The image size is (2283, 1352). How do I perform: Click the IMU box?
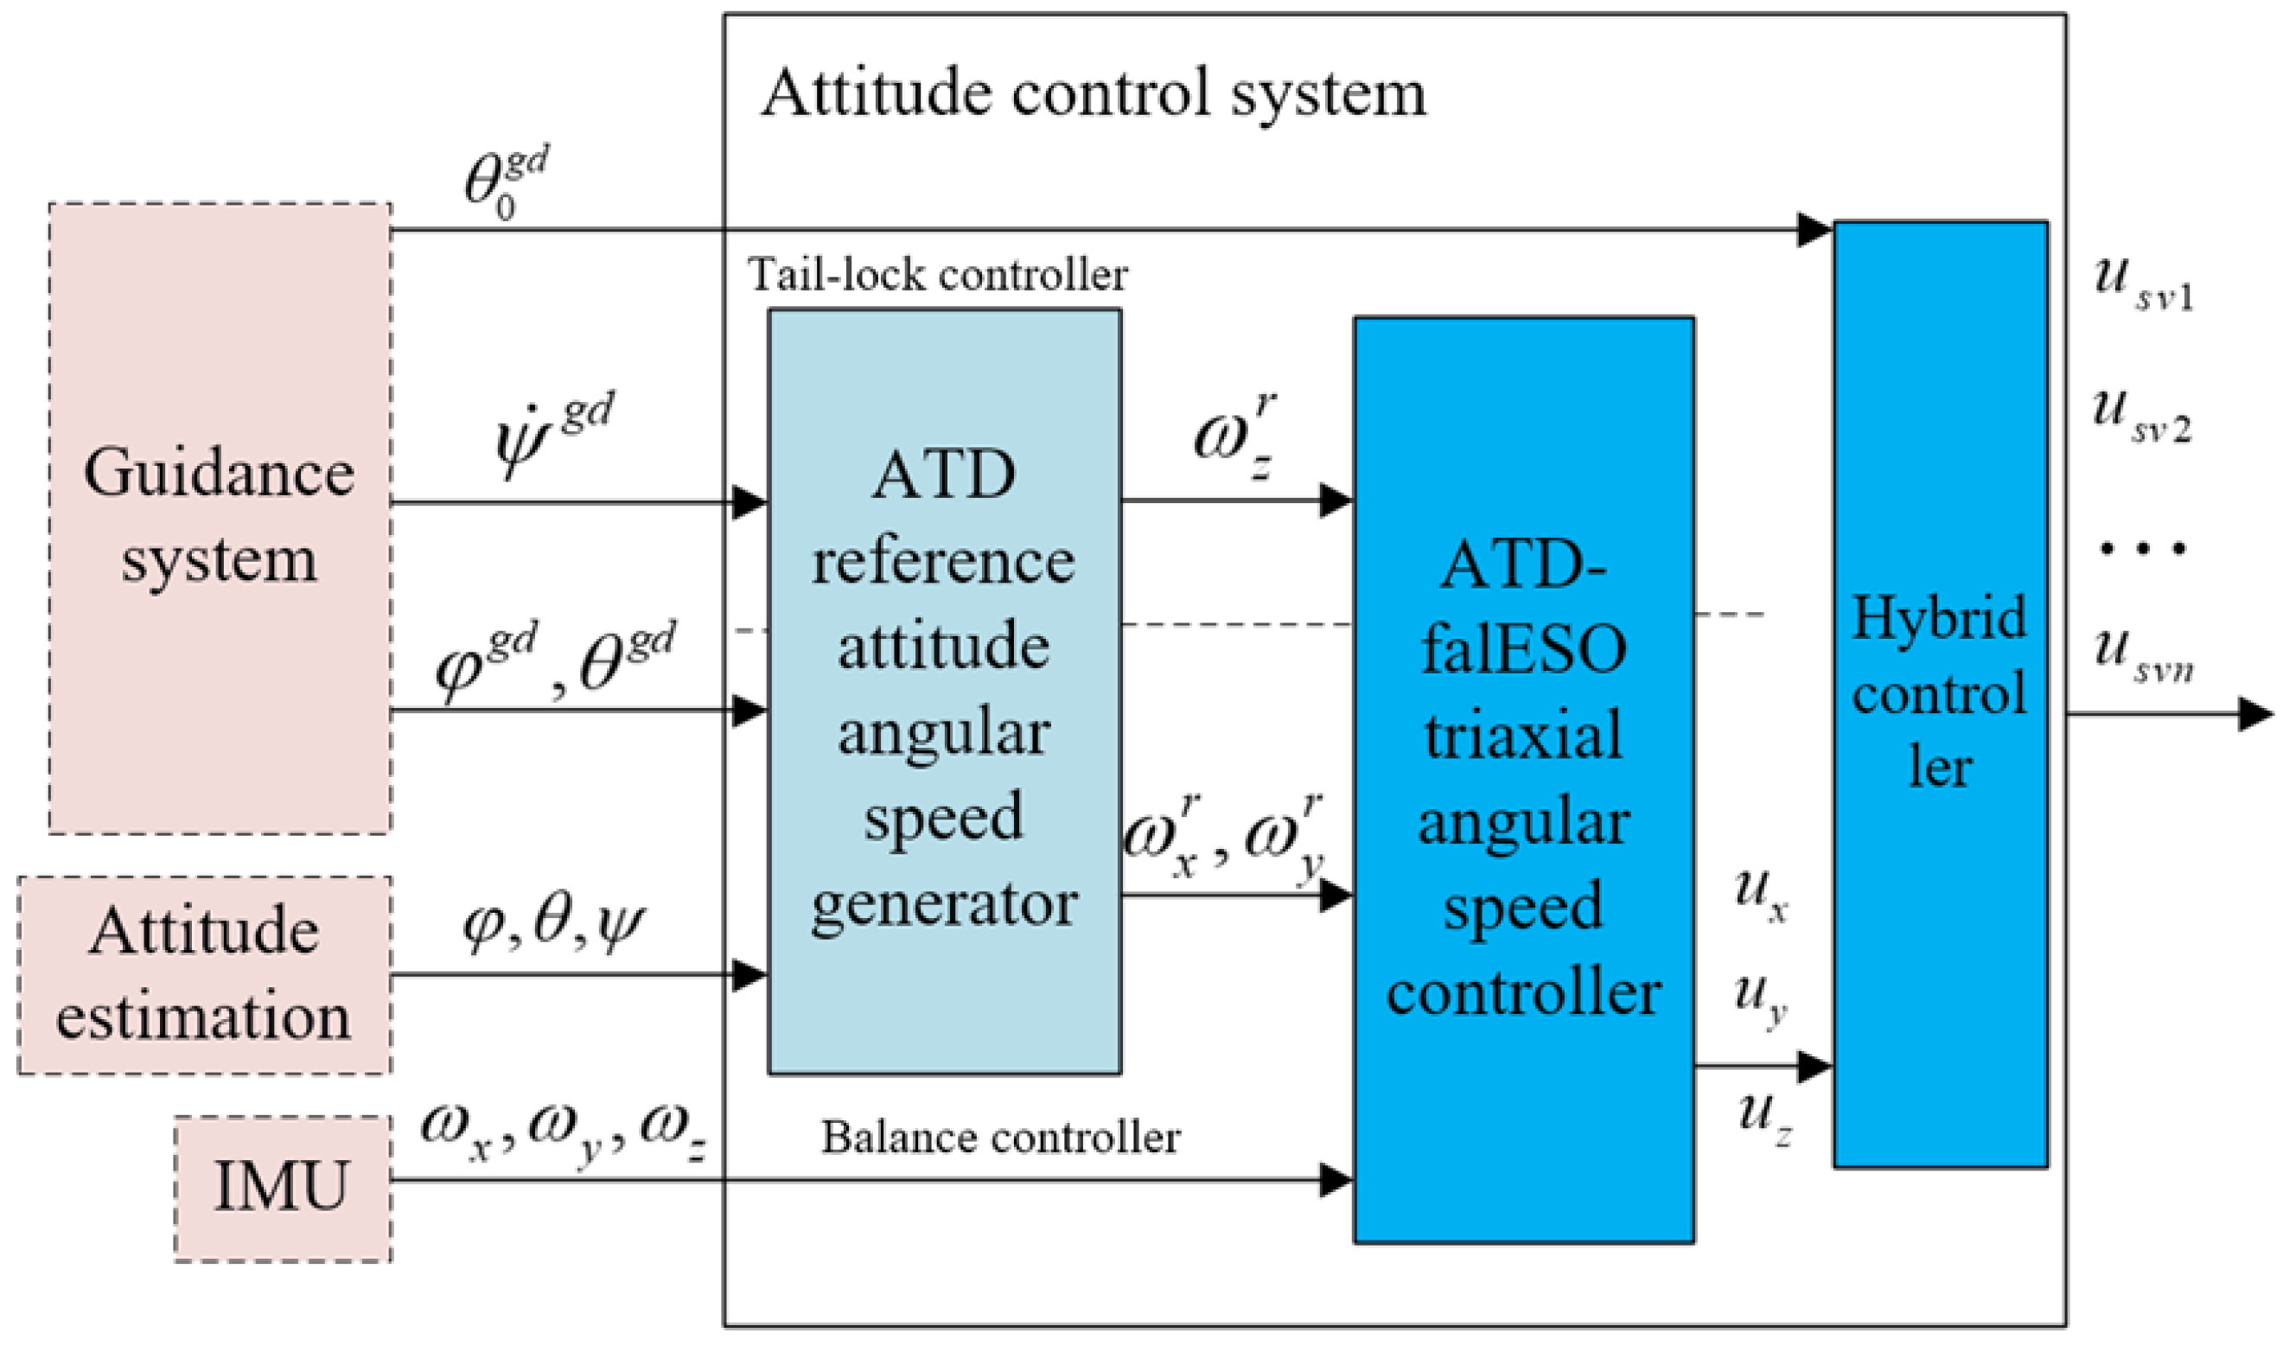pyautogui.click(x=283, y=1188)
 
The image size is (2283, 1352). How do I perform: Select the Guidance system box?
pyautogui.click(x=220, y=518)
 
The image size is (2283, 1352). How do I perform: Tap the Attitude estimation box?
pyautogui.click(x=204, y=975)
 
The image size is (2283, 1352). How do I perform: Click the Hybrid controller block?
pyautogui.click(x=1940, y=693)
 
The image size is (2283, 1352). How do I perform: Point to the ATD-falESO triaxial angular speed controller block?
pyautogui.click(x=1523, y=779)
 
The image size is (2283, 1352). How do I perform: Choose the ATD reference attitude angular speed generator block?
pyautogui.click(x=944, y=692)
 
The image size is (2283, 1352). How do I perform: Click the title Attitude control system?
pyautogui.click(x=1094, y=92)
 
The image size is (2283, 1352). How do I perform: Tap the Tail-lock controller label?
pyautogui.click(x=937, y=274)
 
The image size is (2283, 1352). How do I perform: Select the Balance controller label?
pyautogui.click(x=1000, y=1137)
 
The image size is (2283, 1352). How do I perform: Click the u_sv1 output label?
pyautogui.click(x=2143, y=284)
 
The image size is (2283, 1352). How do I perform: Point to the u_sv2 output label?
pyautogui.click(x=2141, y=417)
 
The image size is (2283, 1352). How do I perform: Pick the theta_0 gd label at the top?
pyautogui.click(x=506, y=183)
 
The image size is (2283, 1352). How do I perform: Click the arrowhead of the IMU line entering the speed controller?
pyautogui.click(x=1336, y=1181)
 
